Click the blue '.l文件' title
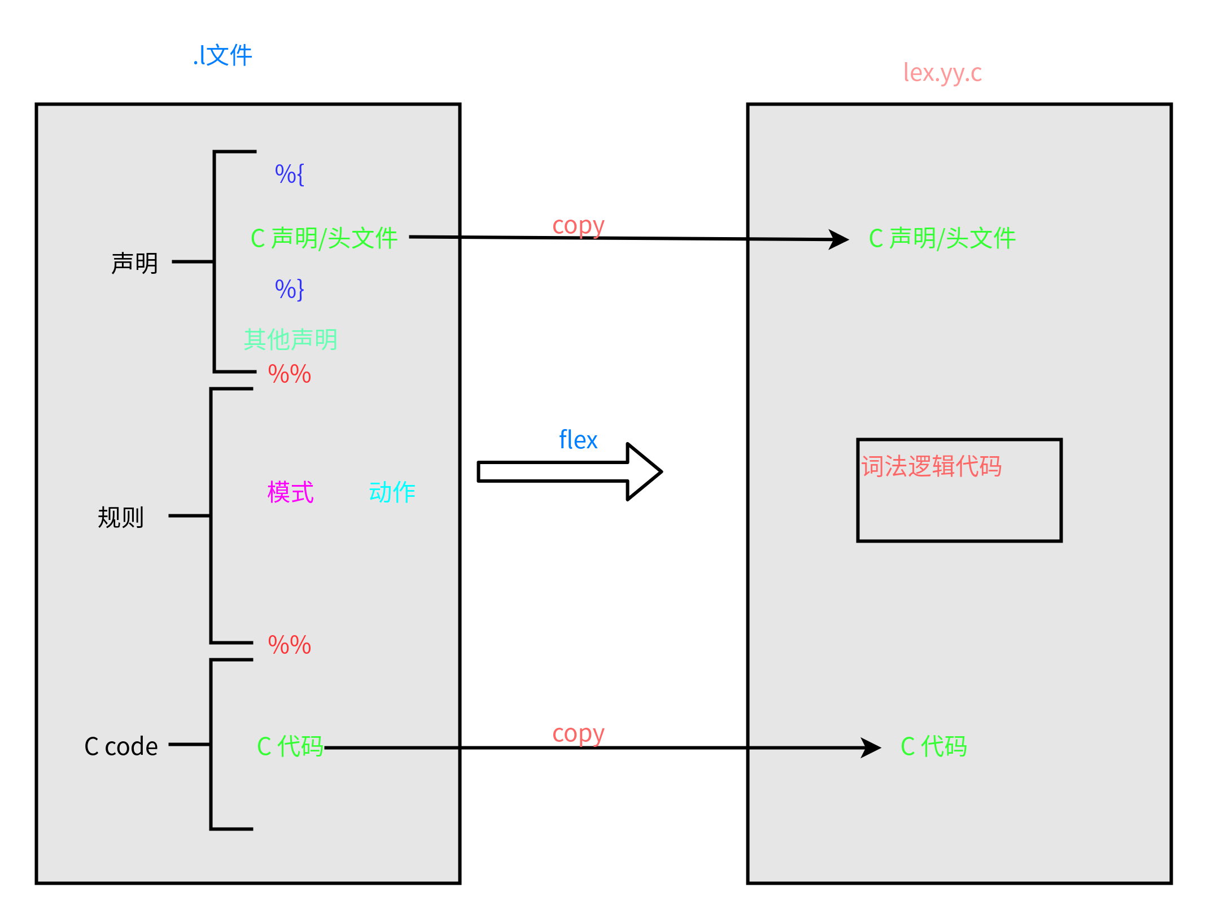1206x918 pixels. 222,56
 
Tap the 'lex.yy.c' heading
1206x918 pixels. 942,73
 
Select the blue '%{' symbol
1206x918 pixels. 289,174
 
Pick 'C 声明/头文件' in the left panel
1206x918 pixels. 324,238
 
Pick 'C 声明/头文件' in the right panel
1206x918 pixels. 942,238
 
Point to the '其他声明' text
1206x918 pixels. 290,339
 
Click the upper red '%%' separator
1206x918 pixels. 289,374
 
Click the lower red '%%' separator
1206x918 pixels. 289,645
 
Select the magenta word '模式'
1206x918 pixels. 290,492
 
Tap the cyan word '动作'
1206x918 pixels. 392,492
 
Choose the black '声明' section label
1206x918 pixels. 134,263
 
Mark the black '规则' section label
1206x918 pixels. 121,517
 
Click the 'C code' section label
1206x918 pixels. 121,746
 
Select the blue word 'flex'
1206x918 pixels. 578,440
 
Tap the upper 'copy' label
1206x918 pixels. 578,226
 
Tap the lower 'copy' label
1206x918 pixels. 578,735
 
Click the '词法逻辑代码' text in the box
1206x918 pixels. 931,467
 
